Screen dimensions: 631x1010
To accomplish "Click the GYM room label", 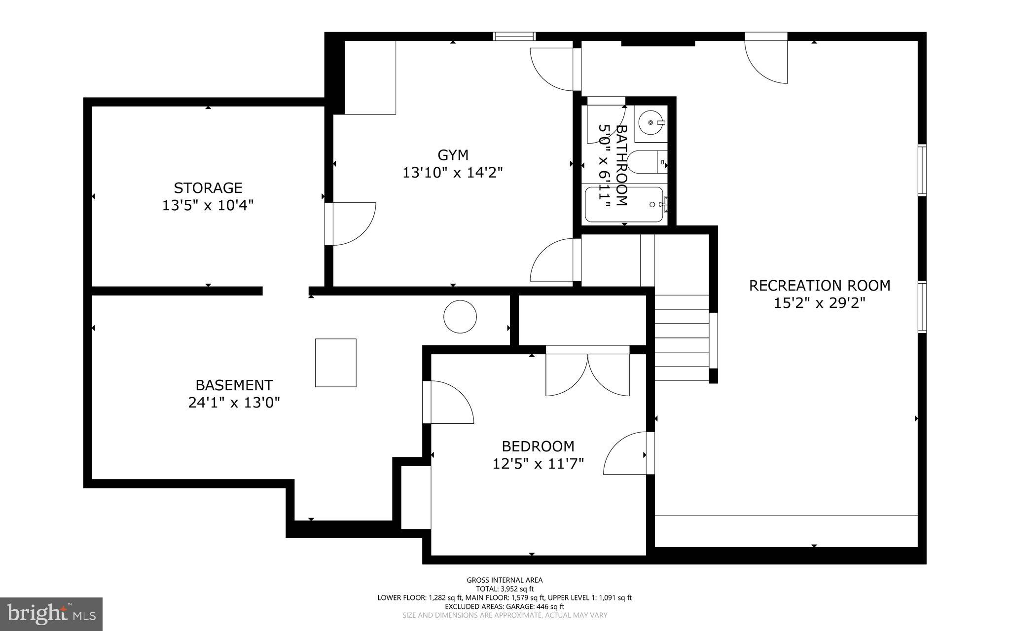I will tap(453, 155).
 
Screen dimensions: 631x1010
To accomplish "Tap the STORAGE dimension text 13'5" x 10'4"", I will tap(208, 205).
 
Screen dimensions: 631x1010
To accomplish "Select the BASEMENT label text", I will tap(234, 385).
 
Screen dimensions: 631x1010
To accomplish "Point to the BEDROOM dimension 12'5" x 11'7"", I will tap(538, 464).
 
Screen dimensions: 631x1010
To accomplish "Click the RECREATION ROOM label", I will tap(820, 286).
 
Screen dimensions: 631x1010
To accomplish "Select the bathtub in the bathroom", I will tap(625, 204).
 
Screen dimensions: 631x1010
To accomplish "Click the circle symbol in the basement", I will tap(460, 317).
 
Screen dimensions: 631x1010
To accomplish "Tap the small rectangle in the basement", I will tap(336, 363).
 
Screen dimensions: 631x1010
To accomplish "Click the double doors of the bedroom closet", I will tap(588, 372).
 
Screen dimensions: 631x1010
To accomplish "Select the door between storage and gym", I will tap(350, 223).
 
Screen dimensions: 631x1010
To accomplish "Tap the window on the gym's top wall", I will tap(514, 36).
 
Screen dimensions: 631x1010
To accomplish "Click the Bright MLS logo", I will tap(51, 614).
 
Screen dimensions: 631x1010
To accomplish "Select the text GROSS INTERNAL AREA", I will tap(505, 580).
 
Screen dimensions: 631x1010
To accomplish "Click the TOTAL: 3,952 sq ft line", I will tap(505, 589).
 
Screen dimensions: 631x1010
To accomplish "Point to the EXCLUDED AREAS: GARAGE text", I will tap(505, 606).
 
